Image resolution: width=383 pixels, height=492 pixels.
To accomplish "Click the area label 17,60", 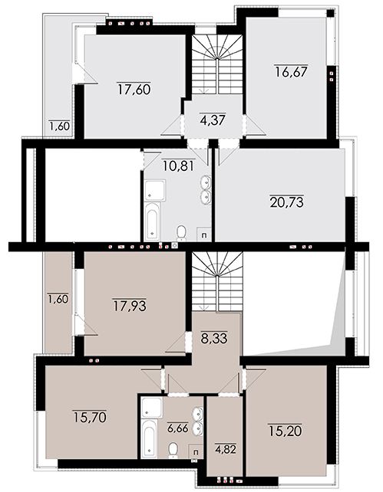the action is pyautogui.click(x=134, y=89).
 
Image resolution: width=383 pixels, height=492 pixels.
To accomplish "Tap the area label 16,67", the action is pyautogui.click(x=291, y=71).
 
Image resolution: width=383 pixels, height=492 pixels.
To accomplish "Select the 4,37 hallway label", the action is pyautogui.click(x=213, y=120).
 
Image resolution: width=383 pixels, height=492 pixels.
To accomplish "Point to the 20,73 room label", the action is pyautogui.click(x=286, y=202).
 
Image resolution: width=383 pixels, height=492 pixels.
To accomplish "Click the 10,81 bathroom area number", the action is pyautogui.click(x=179, y=165).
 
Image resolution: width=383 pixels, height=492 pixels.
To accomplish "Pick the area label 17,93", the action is pyautogui.click(x=130, y=306).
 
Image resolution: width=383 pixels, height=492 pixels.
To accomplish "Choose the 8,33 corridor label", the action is pyautogui.click(x=213, y=339).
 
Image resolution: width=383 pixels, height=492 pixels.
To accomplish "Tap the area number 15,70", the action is pyautogui.click(x=90, y=417).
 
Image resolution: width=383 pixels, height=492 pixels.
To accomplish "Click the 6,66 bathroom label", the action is pyautogui.click(x=177, y=428).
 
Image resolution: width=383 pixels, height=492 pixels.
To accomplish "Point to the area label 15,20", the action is pyautogui.click(x=285, y=431).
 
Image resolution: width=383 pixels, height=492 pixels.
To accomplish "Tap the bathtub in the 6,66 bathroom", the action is pyautogui.click(x=148, y=438).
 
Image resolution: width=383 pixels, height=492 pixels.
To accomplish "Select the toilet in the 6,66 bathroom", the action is pyautogui.click(x=173, y=450).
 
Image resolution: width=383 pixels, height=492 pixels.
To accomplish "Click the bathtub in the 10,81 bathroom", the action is pyautogui.click(x=152, y=221).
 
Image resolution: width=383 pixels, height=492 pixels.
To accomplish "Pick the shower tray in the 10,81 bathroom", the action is pyautogui.click(x=154, y=190).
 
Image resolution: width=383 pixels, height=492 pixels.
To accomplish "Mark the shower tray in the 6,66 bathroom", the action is pyautogui.click(x=152, y=407).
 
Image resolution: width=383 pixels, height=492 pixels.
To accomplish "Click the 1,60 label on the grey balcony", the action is pyautogui.click(x=59, y=126).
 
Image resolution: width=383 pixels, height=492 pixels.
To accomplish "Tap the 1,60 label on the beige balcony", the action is pyautogui.click(x=58, y=299).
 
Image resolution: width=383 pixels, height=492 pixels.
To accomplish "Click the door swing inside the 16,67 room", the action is pyautogui.click(x=255, y=125).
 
